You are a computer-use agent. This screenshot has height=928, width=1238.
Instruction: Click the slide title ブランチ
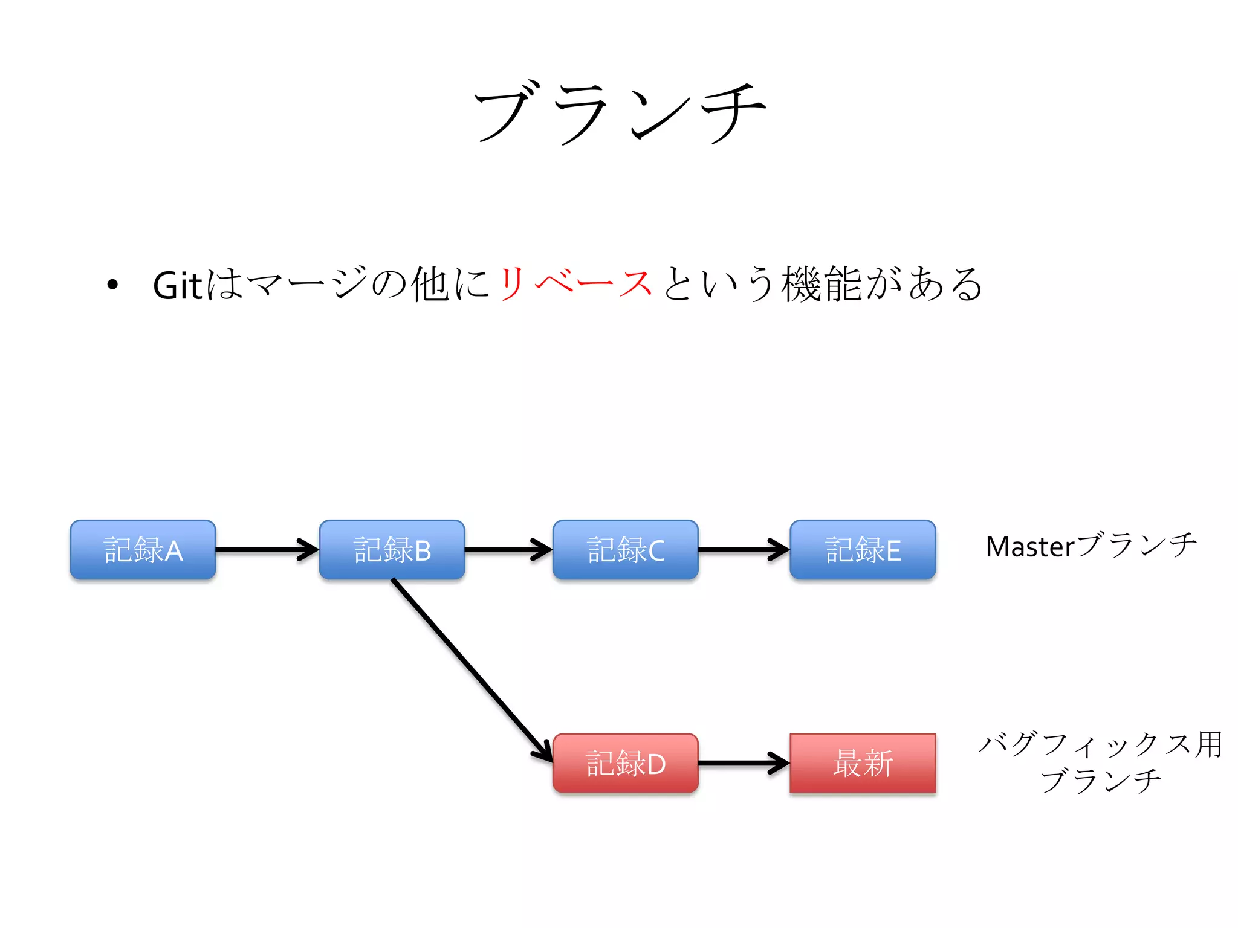619,113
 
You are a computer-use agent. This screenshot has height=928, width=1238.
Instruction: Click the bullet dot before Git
112,285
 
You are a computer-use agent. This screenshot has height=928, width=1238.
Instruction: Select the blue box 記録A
143,550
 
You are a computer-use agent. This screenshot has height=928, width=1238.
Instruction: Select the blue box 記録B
392,550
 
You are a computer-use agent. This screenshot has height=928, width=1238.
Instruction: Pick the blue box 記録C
625,550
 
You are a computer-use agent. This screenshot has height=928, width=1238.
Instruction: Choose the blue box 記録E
863,550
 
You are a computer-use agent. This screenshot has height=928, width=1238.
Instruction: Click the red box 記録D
625,763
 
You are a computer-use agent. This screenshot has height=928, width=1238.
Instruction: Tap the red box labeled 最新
863,763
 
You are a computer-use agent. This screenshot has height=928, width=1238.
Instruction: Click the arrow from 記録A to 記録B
266,549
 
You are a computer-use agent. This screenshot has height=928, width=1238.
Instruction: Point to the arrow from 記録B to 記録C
508,549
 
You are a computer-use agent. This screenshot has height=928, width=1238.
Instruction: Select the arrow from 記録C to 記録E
744,549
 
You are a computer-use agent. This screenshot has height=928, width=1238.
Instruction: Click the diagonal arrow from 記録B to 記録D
472,669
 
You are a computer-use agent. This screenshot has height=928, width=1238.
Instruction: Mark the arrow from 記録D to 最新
744,762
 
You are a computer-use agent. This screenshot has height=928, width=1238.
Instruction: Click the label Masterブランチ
1091,546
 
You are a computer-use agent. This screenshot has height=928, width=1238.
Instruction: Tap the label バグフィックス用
1100,744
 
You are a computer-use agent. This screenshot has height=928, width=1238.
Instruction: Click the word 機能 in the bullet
822,283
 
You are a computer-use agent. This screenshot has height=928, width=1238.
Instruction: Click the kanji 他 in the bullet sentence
430,283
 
